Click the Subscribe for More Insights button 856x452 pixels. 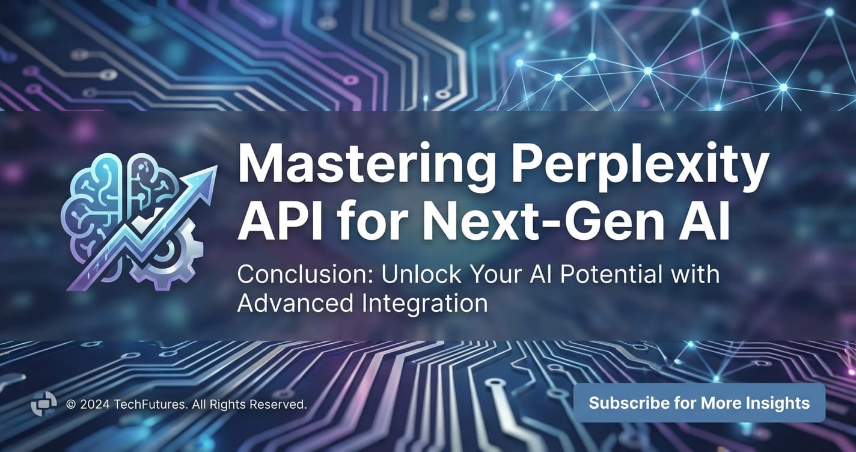click(x=699, y=403)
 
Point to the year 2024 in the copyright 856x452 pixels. click(x=95, y=404)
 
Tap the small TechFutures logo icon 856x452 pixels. click(x=43, y=403)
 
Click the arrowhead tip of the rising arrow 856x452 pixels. click(x=217, y=166)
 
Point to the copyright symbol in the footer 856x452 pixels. click(x=71, y=404)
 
